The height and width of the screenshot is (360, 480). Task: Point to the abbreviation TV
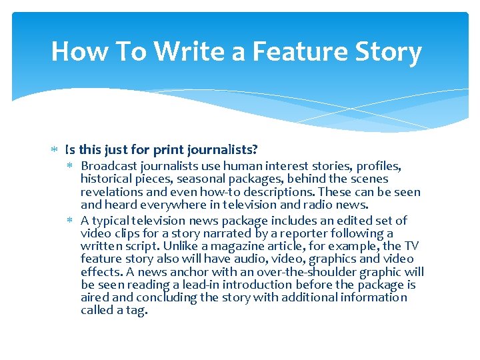click(x=412, y=246)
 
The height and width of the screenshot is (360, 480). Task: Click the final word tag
click(x=135, y=311)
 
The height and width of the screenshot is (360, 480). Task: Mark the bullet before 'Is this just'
click(x=57, y=147)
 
